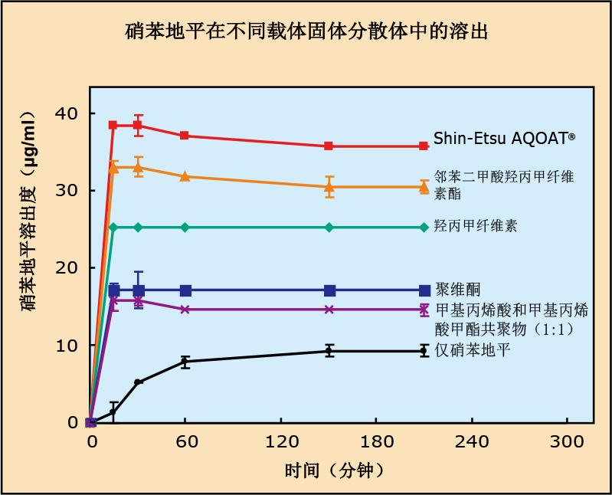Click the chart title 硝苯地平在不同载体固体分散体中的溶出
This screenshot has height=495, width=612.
click(306, 32)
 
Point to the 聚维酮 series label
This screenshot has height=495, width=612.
click(457, 289)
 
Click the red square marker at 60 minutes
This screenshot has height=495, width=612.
click(185, 136)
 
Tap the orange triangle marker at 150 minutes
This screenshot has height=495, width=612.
click(329, 186)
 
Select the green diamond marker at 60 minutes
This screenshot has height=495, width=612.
click(185, 227)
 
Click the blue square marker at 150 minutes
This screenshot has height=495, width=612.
click(329, 290)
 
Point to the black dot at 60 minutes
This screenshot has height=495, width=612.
click(185, 361)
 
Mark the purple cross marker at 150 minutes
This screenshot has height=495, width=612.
click(329, 310)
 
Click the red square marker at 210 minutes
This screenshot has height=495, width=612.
click(424, 146)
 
